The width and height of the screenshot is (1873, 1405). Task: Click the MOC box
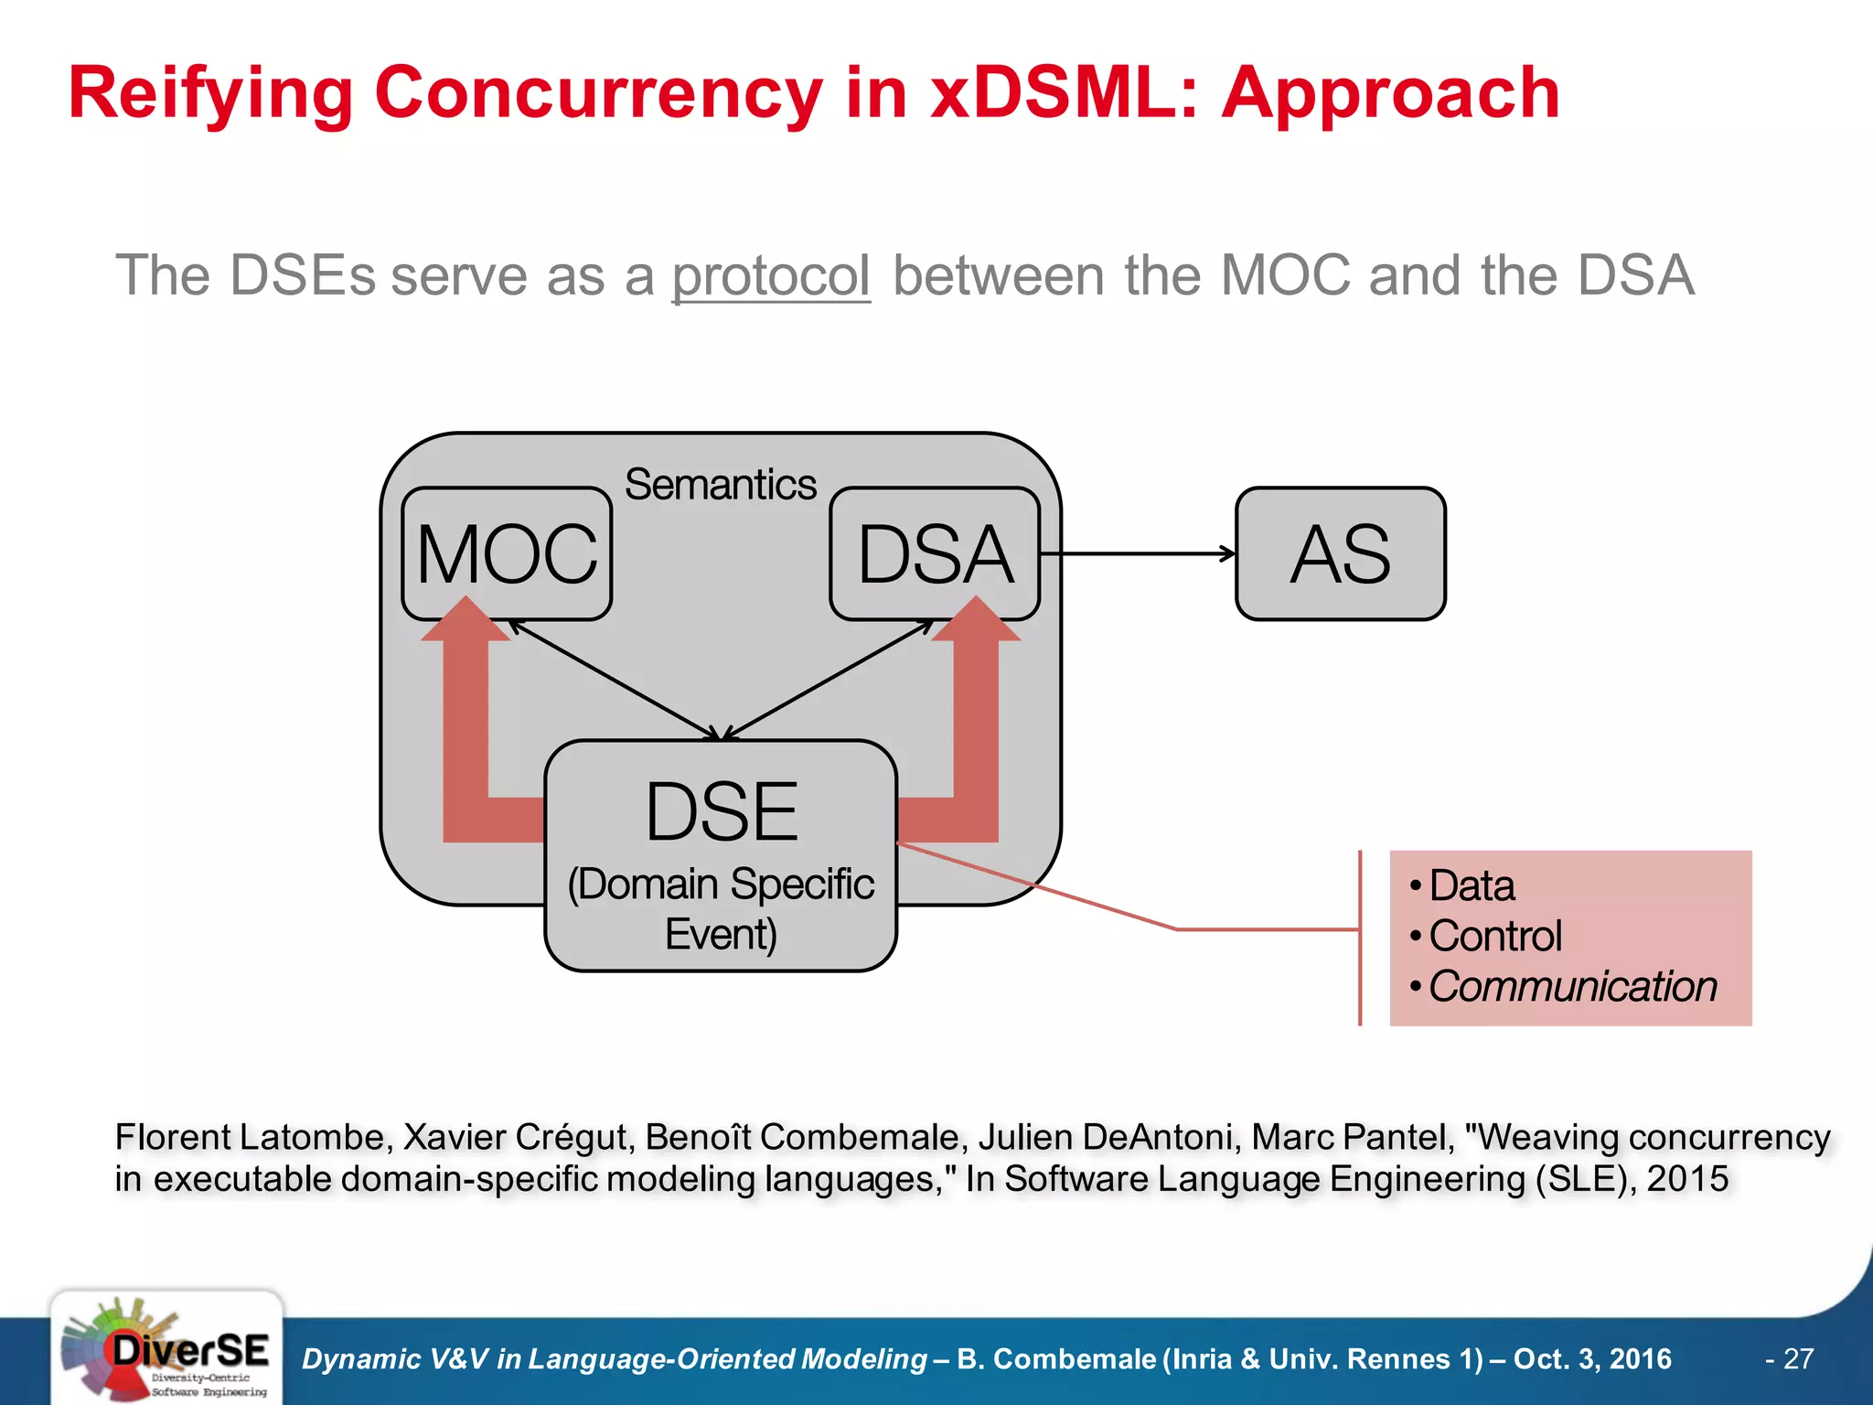[x=507, y=553]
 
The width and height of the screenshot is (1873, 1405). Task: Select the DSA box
[x=935, y=553]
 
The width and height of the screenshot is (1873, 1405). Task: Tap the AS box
[x=1340, y=553]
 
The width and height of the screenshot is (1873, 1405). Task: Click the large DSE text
[x=721, y=811]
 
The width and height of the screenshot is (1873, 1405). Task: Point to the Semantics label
[x=720, y=484]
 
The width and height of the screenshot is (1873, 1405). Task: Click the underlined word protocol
[x=770, y=275]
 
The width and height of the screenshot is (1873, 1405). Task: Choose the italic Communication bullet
[x=1572, y=986]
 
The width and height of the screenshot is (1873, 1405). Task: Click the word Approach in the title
[x=1390, y=93]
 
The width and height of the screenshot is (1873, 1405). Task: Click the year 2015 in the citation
[x=1687, y=1178]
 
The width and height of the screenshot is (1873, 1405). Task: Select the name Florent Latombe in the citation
[x=253, y=1137]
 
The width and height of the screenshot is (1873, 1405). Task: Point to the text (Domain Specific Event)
[x=721, y=908]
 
